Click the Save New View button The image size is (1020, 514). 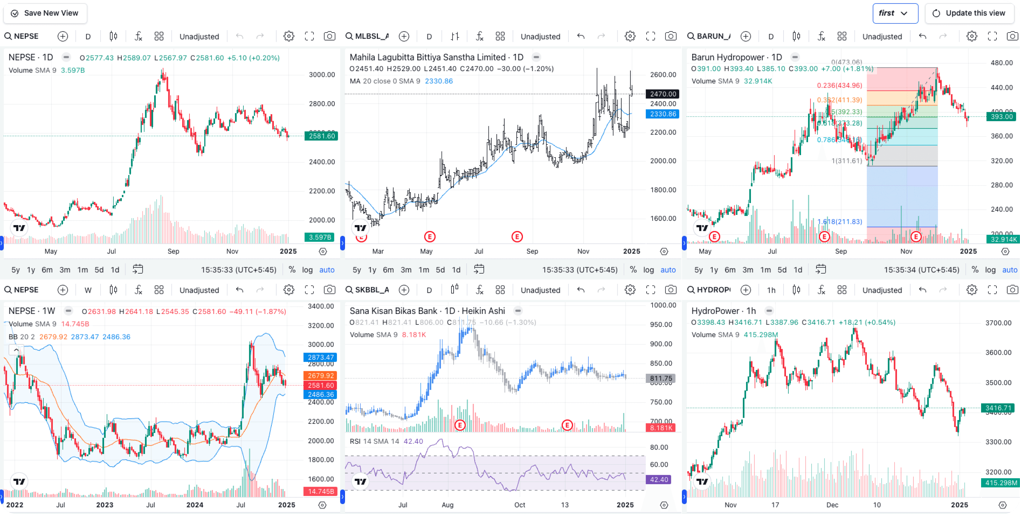[45, 13]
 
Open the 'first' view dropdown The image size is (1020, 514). [895, 13]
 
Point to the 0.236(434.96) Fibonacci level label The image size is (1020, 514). [839, 86]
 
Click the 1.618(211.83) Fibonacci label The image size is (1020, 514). [839, 221]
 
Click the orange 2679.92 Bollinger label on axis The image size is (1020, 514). [320, 375]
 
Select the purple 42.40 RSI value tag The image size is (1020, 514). [659, 480]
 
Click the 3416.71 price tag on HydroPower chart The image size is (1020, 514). [998, 408]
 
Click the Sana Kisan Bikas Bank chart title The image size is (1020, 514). [427, 311]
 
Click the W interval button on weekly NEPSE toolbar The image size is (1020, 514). [88, 290]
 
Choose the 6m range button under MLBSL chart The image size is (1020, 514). [388, 270]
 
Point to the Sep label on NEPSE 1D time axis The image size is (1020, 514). [173, 251]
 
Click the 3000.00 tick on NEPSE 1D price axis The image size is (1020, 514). [322, 75]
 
